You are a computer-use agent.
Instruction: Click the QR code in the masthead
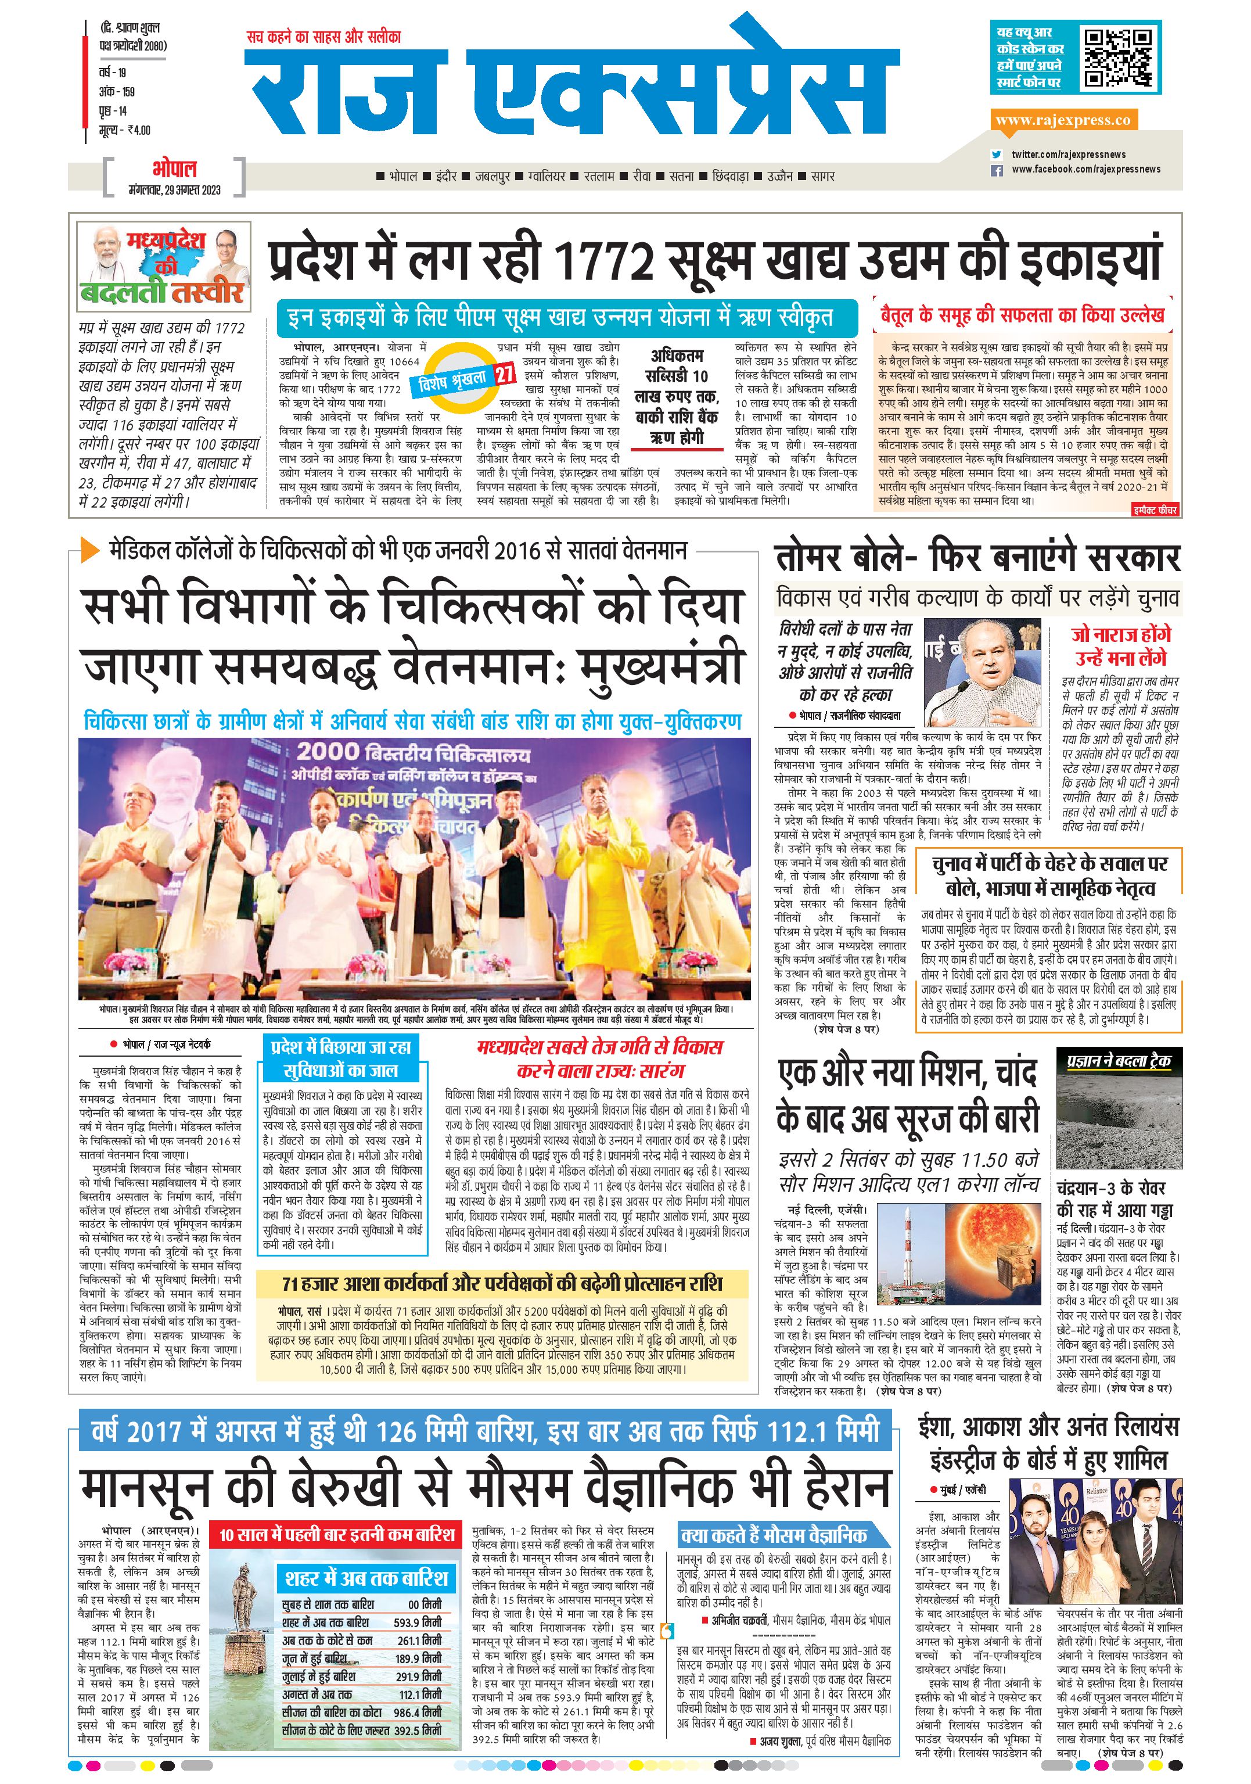[x=1117, y=58]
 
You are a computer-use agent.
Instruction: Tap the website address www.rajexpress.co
[x=1062, y=120]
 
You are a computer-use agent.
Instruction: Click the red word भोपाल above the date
[x=174, y=168]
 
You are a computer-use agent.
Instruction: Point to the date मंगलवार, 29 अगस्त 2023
[x=174, y=189]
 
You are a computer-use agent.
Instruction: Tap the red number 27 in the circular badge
[x=504, y=374]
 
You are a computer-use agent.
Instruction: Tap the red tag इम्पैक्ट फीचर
[x=1155, y=509]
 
